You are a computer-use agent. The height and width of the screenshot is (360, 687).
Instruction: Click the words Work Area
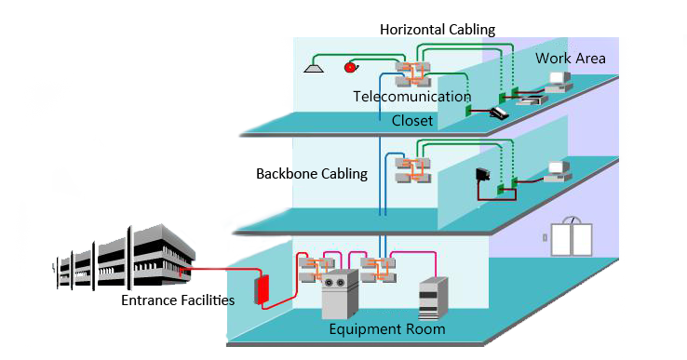coord(570,59)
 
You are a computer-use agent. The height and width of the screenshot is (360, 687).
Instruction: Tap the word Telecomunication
coord(411,97)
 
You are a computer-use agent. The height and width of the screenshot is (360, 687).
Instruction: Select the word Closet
coord(411,120)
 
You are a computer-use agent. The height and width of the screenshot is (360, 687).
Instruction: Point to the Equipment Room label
coord(387,329)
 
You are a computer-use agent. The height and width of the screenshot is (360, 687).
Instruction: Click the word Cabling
coord(340,174)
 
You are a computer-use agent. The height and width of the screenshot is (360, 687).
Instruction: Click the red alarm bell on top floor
coord(351,67)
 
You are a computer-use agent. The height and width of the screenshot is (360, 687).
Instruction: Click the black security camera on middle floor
coord(483,174)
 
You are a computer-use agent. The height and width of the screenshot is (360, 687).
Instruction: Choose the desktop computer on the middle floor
coord(558,171)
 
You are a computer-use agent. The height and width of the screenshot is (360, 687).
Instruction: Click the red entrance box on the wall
coord(263,288)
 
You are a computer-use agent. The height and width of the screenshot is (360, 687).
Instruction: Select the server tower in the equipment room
coord(434,299)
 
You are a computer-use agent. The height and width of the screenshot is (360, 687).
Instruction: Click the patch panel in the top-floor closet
coord(412,73)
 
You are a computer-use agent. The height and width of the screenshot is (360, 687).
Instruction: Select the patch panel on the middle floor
coord(412,170)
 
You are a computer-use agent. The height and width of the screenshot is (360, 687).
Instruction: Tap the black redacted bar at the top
coord(438,30)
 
